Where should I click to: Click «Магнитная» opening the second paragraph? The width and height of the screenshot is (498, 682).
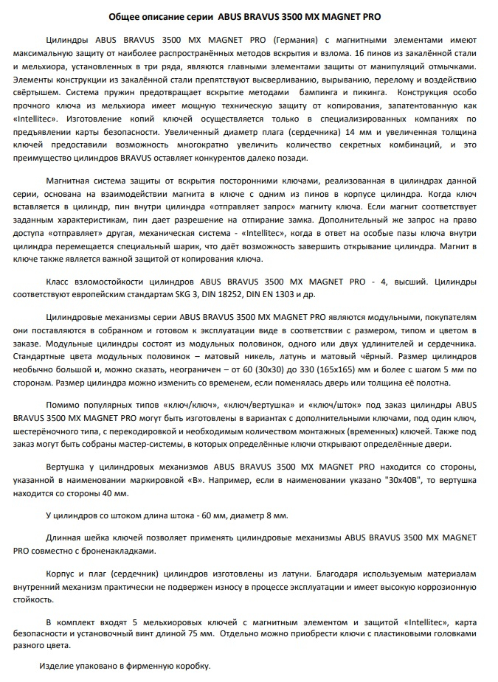click(x=67, y=180)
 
